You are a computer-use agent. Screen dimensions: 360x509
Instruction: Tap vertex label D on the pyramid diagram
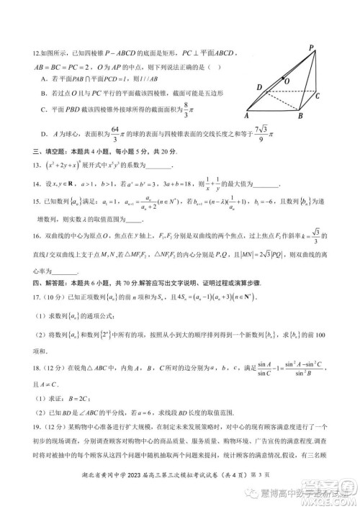click(258, 88)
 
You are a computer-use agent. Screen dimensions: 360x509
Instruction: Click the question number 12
click(27, 53)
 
